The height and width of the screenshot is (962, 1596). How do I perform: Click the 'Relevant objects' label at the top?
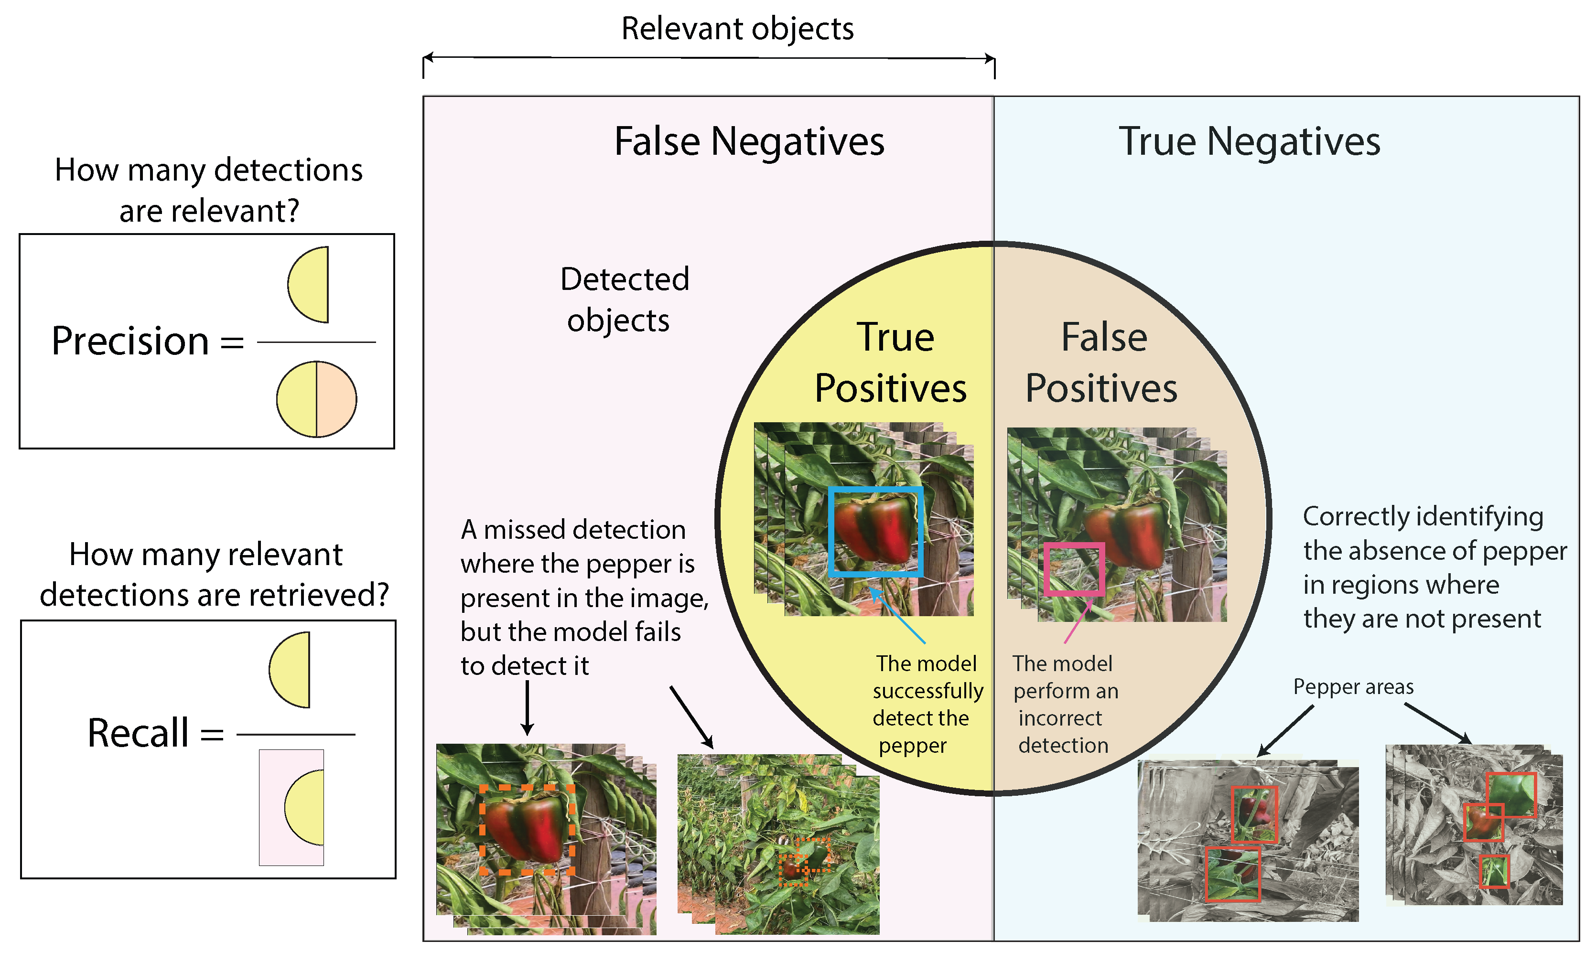pyautogui.click(x=737, y=29)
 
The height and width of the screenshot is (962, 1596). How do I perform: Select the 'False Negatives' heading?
pyautogui.click(x=749, y=142)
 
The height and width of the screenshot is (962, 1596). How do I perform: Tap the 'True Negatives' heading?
pyautogui.click(x=1250, y=142)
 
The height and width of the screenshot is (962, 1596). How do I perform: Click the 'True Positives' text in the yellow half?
pyautogui.click(x=892, y=363)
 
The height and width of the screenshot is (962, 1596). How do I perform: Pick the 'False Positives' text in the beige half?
pyautogui.click(x=1102, y=363)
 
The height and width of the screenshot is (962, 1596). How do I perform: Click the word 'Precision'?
pyautogui.click(x=129, y=341)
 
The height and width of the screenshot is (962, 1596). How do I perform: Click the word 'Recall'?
pyautogui.click(x=138, y=734)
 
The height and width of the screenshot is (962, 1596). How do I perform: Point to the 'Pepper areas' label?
pyautogui.click(x=1353, y=687)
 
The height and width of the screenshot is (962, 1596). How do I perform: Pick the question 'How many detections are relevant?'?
pyautogui.click(x=208, y=190)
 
